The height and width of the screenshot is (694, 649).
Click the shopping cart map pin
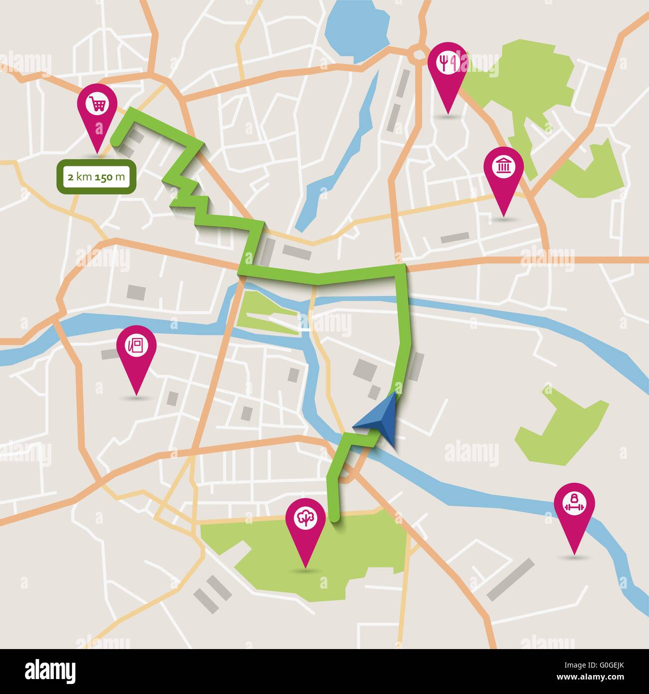click(97, 105)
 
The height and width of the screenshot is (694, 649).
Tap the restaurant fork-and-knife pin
click(447, 63)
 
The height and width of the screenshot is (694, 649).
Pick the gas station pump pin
click(136, 346)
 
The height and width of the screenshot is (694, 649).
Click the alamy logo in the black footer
click(50, 670)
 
